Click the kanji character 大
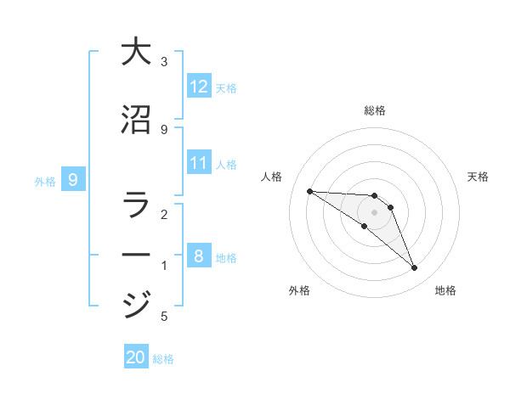pos(135,52)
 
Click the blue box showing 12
pos(199,86)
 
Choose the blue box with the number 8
pos(199,256)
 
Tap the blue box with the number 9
pos(73,179)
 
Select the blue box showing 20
pos(136,357)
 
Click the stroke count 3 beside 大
pos(164,62)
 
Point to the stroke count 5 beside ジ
pos(164,317)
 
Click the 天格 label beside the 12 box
pos(226,87)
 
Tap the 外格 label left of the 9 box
pos(45,181)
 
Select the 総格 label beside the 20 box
pos(163,359)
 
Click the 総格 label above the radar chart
pos(374,110)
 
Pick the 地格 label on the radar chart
pos(445,290)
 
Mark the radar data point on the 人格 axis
pos(309,191)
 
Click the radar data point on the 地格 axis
pos(414,268)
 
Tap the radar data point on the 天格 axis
pos(390,207)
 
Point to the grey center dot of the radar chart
pos(374,212)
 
